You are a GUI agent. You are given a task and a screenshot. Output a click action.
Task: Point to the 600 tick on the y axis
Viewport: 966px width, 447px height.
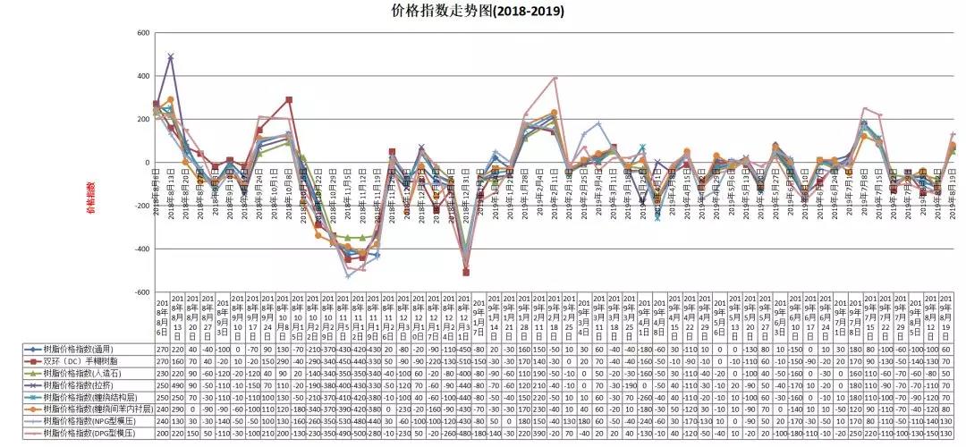[x=142, y=33]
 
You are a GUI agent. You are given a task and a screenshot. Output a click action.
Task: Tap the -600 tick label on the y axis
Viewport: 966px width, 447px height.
[x=140, y=292]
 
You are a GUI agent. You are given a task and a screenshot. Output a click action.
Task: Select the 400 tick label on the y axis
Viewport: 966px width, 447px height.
[x=142, y=76]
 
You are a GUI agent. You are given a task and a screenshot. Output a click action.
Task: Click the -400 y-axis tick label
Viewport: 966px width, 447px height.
[x=140, y=249]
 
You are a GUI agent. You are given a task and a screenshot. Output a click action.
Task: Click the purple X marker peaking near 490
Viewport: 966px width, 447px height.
[x=170, y=56]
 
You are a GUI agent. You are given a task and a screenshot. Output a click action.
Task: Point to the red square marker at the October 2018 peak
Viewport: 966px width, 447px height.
[x=289, y=100]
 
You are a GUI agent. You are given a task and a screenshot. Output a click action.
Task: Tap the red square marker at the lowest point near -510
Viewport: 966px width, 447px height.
[x=466, y=273]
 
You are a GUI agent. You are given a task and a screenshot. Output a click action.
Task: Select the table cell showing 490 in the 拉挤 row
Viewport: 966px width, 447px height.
[x=177, y=384]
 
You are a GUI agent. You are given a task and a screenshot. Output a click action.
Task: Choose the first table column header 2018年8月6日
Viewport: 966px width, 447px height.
[x=162, y=317]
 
